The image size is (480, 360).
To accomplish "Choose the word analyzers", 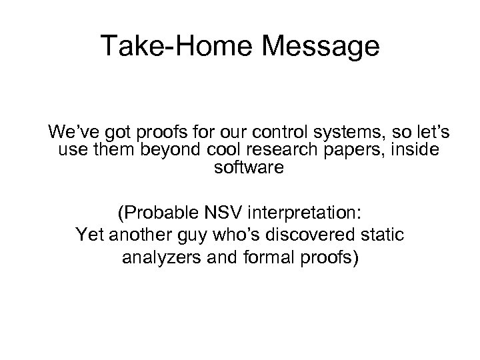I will pos(157,258).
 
